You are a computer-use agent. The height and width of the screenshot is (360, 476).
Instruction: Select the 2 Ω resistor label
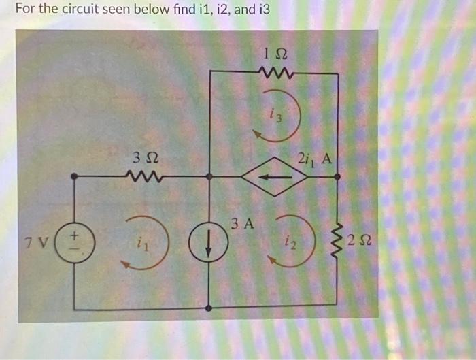358,240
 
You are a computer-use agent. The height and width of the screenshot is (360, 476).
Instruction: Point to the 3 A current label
241,223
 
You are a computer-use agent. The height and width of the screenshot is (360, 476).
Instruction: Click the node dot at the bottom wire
209,307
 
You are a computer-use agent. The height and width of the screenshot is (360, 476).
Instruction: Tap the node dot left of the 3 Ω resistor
75,177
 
